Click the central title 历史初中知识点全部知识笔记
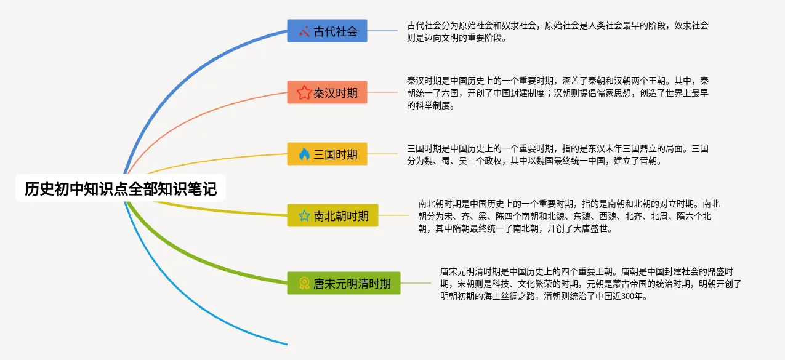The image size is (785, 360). tap(121, 189)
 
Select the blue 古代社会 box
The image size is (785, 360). tap(327, 31)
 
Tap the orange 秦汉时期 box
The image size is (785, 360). tap(327, 92)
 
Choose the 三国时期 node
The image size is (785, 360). tap(327, 154)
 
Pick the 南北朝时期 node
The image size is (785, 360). tap(332, 215)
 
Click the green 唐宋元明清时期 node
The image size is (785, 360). tap(344, 283)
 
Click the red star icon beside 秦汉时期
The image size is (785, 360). tap(304, 93)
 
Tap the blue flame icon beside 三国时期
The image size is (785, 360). tap(304, 154)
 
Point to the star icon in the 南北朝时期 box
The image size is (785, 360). tap(304, 216)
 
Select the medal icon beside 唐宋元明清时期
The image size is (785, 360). tap(304, 283)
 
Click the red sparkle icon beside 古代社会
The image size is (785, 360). tap(304, 31)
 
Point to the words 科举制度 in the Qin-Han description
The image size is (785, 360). tap(432, 105)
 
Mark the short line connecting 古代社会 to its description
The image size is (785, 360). tap(382, 31)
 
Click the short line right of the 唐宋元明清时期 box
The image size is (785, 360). tap(416, 283)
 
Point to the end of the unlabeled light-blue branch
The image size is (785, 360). tap(287, 345)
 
